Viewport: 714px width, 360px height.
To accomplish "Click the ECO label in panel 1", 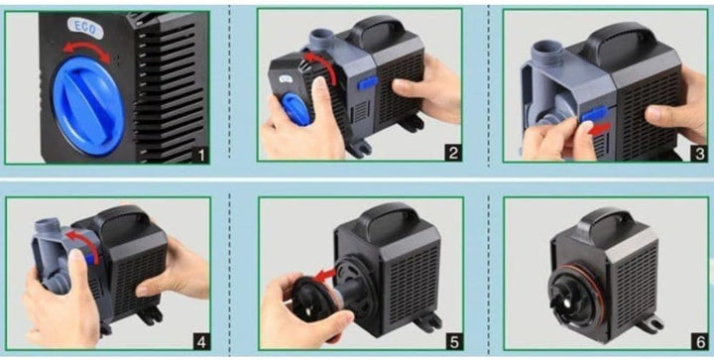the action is [x=85, y=28].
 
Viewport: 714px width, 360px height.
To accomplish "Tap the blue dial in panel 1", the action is [x=88, y=105].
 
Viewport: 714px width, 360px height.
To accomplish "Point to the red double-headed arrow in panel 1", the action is [x=86, y=49].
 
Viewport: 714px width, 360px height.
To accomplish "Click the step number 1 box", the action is [x=200, y=155].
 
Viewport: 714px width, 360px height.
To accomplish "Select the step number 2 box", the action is [x=453, y=153].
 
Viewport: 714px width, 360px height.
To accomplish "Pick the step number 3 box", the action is [x=700, y=154].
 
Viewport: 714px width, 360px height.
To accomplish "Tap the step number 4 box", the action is [x=201, y=341].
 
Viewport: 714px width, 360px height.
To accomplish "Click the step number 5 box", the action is [x=454, y=342].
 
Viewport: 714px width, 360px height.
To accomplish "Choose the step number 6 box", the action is [x=700, y=342].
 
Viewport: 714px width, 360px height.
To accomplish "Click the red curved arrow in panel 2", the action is [x=324, y=63].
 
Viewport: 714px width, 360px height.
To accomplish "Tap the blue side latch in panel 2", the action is [x=368, y=83].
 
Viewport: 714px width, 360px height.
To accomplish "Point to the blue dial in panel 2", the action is [x=297, y=109].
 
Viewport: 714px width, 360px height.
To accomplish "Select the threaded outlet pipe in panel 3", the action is [x=548, y=53].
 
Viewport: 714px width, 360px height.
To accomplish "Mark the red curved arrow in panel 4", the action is [x=85, y=243].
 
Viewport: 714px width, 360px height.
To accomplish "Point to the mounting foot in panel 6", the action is [x=650, y=323].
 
